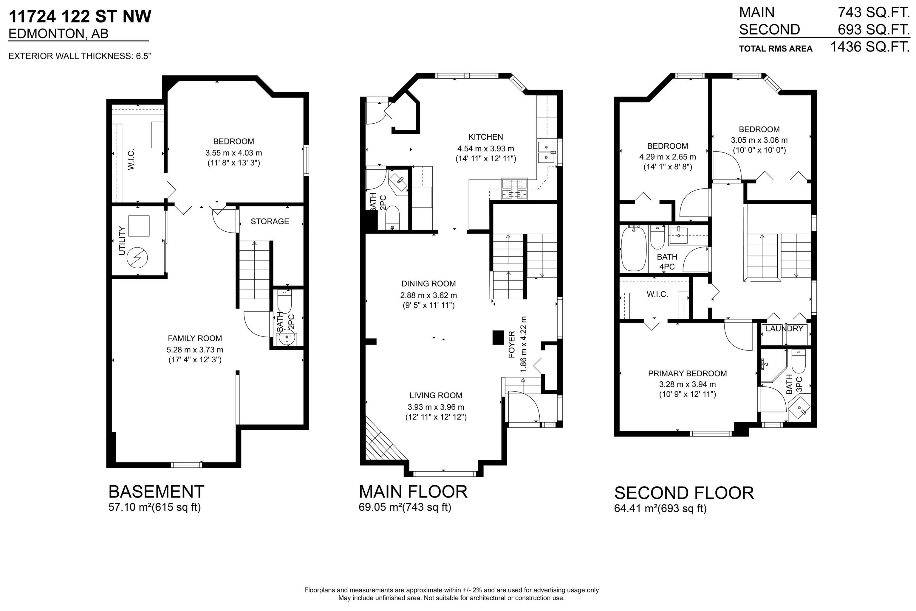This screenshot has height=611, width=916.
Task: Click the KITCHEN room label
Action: (x=485, y=137)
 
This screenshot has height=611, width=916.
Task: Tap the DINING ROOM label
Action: (x=428, y=284)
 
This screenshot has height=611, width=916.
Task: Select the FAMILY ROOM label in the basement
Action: (x=195, y=338)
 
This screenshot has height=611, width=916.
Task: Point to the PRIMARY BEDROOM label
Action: (x=687, y=373)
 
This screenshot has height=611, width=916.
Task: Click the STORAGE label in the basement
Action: (x=270, y=221)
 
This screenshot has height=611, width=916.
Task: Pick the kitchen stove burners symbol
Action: (x=514, y=189)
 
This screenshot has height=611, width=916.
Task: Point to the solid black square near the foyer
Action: (x=498, y=337)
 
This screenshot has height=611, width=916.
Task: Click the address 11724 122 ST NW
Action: (x=80, y=16)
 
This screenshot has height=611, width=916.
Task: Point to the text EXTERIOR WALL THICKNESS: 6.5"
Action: (x=80, y=56)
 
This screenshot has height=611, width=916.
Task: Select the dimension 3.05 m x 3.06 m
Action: (x=759, y=140)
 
